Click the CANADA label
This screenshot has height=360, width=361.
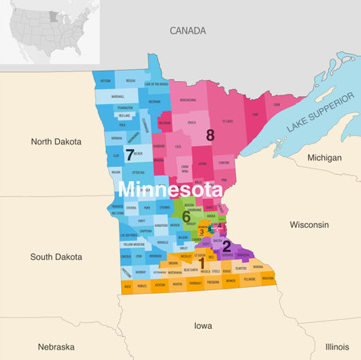189,30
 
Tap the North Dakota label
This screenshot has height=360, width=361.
56,141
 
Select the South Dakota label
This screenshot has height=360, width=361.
56,257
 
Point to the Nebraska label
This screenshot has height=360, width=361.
56,346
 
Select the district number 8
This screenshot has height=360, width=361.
210,136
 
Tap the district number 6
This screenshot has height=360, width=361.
186,217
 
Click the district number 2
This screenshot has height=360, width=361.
226,246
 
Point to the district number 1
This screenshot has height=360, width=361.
201,262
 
